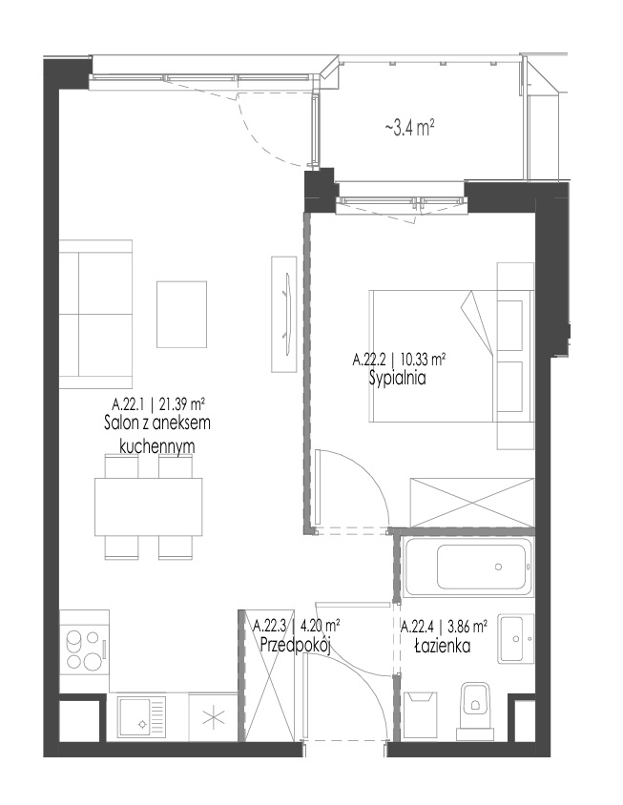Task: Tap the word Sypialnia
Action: coord(398,379)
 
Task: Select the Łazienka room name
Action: coord(443,646)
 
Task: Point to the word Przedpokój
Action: coord(295,645)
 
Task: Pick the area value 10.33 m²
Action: coord(424,360)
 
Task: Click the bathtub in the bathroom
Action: coord(468,567)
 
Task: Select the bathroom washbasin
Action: coord(515,638)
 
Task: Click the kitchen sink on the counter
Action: coord(142,717)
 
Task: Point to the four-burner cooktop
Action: coord(84,650)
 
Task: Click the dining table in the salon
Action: coord(148,506)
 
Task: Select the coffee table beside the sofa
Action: coord(182,314)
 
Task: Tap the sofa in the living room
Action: coord(95,314)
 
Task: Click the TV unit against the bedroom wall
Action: coord(284,314)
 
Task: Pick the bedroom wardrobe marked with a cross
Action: coord(472,503)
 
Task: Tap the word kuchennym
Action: coord(157,445)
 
